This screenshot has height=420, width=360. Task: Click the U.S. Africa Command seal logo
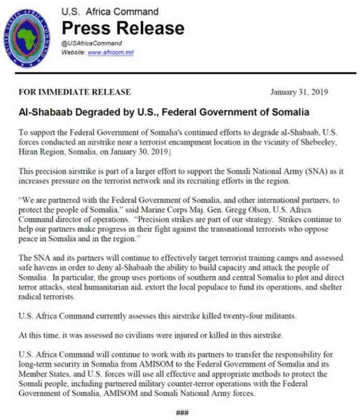[28, 34]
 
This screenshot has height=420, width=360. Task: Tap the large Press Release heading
[123, 27]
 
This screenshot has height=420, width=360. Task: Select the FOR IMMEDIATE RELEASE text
[74, 93]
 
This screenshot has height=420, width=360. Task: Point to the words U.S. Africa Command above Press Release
[110, 11]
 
